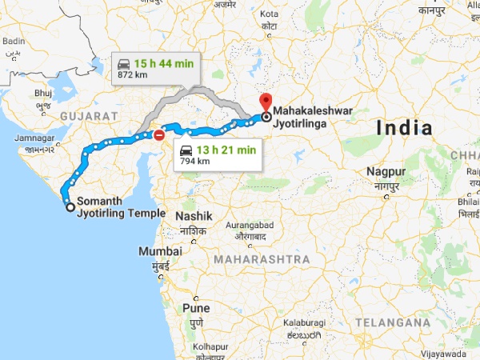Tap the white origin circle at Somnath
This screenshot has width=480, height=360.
pos(70,207)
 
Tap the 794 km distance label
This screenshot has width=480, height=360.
pos(194,161)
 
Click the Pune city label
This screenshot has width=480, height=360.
pos(197,307)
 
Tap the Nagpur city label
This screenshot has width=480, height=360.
pos(386,172)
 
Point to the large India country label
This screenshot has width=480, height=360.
pos(405,128)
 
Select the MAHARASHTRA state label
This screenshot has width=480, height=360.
pos(262,260)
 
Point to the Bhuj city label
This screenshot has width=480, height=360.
pos(42,94)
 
